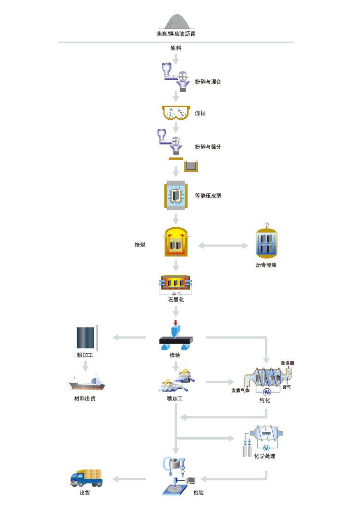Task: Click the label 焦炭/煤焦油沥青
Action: [x=176, y=34]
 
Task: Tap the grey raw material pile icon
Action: [x=177, y=22]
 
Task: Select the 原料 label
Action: [x=176, y=48]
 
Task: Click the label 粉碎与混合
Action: [x=208, y=81]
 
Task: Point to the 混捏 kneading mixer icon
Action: [x=176, y=113]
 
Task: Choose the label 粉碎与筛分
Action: [x=208, y=146]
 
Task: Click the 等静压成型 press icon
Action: [x=176, y=195]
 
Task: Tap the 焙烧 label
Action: [x=140, y=244]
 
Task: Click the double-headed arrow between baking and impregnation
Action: [x=223, y=246]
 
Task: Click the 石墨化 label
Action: [x=176, y=299]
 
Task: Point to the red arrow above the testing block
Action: [x=175, y=323]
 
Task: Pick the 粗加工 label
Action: [x=85, y=355]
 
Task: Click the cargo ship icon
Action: [x=87, y=382]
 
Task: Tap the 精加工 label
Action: [x=175, y=398]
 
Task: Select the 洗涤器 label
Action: [x=287, y=363]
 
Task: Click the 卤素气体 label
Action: [x=241, y=390]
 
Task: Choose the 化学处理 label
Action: [x=264, y=456]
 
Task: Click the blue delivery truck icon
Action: [x=87, y=478]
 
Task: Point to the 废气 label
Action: [x=287, y=387]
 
